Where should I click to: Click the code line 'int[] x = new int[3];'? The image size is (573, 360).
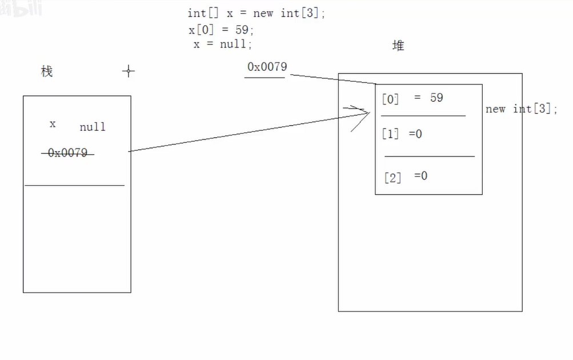click(256, 13)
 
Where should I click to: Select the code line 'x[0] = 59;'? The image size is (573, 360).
click(222, 30)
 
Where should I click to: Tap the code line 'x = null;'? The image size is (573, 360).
click(222, 44)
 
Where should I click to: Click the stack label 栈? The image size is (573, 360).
click(47, 71)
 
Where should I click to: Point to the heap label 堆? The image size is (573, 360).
click(398, 46)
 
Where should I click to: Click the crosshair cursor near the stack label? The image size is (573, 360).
click(129, 71)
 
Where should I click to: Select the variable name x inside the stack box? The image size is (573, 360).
click(53, 123)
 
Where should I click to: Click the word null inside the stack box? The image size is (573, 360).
click(93, 127)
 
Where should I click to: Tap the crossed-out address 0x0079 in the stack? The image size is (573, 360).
click(67, 153)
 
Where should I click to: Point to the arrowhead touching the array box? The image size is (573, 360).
click(366, 113)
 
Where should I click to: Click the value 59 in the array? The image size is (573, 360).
click(436, 98)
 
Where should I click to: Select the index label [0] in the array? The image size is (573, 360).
click(391, 99)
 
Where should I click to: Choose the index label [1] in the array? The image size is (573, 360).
click(391, 135)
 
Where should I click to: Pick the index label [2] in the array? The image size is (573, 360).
click(392, 178)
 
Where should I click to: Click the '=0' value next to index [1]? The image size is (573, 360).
click(415, 134)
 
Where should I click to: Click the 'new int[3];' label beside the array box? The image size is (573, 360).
click(521, 109)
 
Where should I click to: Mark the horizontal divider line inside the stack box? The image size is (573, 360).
click(74, 185)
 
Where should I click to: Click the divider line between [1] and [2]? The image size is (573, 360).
click(430, 156)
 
